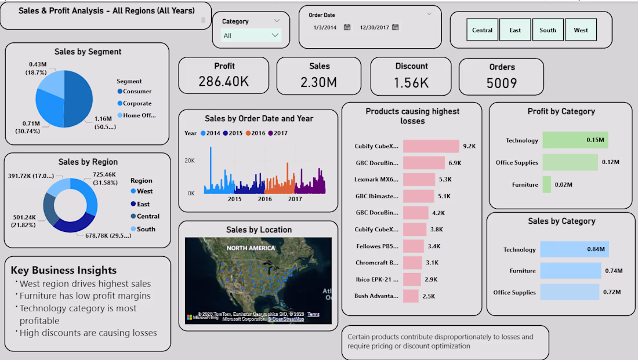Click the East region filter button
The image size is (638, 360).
[515, 30]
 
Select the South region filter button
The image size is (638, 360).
[548, 30]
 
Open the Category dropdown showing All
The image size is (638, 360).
[251, 35]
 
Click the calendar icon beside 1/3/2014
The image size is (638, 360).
[347, 27]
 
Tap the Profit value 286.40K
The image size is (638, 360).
[223, 82]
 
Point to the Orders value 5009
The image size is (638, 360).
[501, 83]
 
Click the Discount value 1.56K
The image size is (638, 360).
[411, 82]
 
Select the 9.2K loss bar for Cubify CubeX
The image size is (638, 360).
[431, 147]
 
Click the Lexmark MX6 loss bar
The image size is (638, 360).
[419, 180]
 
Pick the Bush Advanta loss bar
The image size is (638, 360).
[411, 296]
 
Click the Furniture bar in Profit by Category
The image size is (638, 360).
[547, 185]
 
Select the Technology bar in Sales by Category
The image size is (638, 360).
[574, 250]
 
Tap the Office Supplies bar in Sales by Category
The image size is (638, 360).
[570, 292]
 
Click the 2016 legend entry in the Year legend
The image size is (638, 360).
[257, 133]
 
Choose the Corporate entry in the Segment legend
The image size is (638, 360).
[136, 104]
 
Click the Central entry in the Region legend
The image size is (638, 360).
[148, 216]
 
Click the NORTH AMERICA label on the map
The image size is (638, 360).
[252, 248]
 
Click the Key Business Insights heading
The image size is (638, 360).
[64, 270]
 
